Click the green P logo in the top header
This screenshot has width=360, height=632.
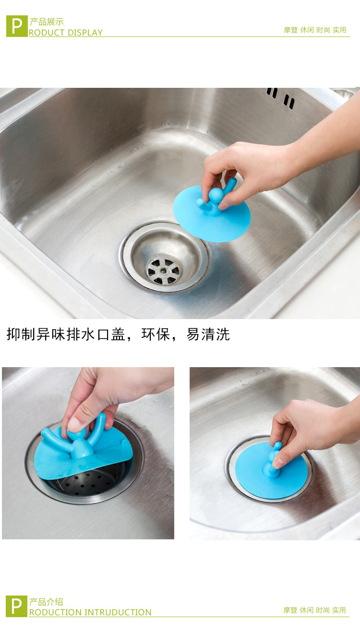click(x=17, y=26)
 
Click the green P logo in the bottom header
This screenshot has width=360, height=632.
click(x=16, y=606)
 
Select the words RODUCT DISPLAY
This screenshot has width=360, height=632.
click(x=66, y=33)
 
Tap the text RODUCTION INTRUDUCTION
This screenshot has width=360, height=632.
click(x=90, y=612)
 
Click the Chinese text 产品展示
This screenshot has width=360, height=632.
click(x=47, y=22)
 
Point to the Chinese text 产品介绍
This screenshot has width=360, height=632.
click(x=46, y=602)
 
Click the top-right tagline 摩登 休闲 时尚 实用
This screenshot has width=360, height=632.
click(x=315, y=30)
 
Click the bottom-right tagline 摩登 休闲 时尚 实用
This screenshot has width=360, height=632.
click(x=314, y=610)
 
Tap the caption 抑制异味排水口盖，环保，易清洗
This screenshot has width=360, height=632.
click(x=118, y=334)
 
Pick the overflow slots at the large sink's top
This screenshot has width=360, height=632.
click(x=281, y=97)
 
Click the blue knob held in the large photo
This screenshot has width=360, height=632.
click(x=216, y=195)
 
